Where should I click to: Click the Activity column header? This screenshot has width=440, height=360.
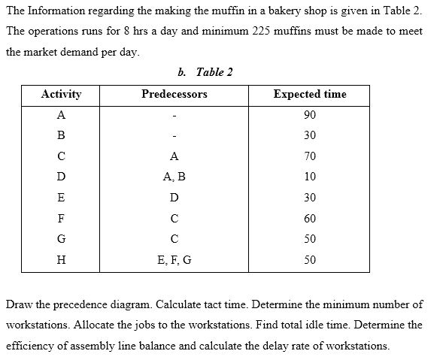[61, 94]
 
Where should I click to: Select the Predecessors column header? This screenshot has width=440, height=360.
[174, 94]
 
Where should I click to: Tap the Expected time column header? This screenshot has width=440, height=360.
[310, 94]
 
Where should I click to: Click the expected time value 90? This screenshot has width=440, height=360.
[310, 115]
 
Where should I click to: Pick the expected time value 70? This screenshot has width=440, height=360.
[310, 156]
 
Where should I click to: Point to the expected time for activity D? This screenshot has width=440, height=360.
[310, 177]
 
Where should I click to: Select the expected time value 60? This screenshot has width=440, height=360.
[310, 219]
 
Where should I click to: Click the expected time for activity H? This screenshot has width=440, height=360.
[310, 260]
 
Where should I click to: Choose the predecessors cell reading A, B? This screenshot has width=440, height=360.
[174, 177]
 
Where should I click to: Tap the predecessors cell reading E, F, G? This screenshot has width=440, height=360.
[174, 260]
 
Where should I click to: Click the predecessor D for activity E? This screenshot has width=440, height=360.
[174, 198]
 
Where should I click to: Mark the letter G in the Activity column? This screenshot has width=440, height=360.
[61, 239]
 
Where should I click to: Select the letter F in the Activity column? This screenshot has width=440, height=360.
[61, 219]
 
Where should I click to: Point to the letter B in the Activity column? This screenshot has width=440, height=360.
[61, 135]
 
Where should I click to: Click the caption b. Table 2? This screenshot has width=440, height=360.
[205, 72]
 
